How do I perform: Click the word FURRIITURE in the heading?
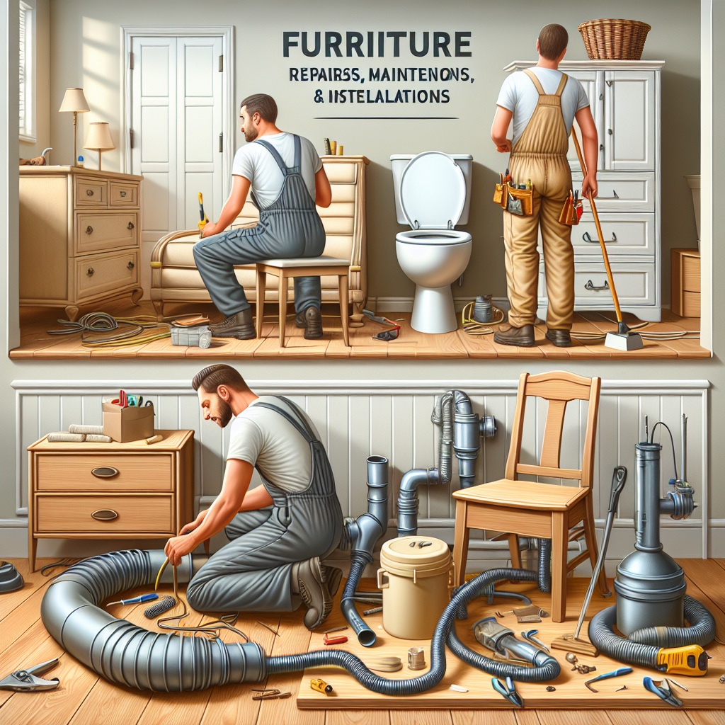[377, 45]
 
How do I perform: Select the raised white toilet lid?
[433, 190]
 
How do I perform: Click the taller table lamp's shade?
[74, 101]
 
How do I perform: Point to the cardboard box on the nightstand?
[128, 421]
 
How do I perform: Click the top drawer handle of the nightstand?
[105, 472]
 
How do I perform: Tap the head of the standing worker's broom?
[623, 338]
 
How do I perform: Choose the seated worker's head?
[258, 117]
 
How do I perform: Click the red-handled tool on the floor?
[335, 639]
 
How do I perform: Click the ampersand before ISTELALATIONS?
[319, 97]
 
